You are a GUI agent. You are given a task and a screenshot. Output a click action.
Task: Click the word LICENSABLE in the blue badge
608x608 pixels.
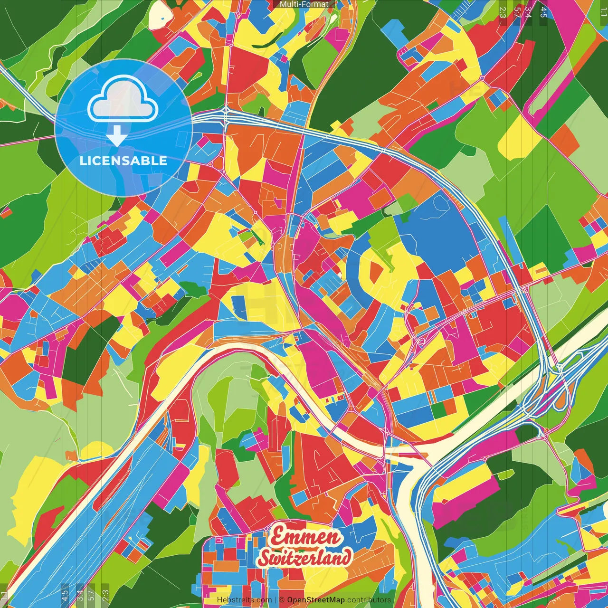(x=123, y=161)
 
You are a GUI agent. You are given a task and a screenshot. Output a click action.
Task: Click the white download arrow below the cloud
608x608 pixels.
(x=117, y=136)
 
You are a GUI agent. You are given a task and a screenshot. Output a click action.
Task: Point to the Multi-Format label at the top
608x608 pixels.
(x=304, y=4)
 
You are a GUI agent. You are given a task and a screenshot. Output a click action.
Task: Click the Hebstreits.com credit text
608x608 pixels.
(x=244, y=600)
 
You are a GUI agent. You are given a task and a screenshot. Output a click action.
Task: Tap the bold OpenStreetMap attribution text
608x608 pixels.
(x=316, y=600)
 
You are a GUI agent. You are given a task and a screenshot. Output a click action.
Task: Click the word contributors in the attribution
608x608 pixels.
(x=369, y=600)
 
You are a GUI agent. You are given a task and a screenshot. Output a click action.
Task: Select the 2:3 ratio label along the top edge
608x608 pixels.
(x=503, y=12)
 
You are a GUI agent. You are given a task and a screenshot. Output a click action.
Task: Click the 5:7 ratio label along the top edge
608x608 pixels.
(x=517, y=12)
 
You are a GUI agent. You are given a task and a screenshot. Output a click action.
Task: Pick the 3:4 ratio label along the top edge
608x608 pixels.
(x=528, y=12)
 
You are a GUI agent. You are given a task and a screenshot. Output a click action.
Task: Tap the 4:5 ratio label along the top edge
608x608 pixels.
(x=543, y=12)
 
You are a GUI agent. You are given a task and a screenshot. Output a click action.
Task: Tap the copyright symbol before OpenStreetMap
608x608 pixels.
(x=281, y=600)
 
